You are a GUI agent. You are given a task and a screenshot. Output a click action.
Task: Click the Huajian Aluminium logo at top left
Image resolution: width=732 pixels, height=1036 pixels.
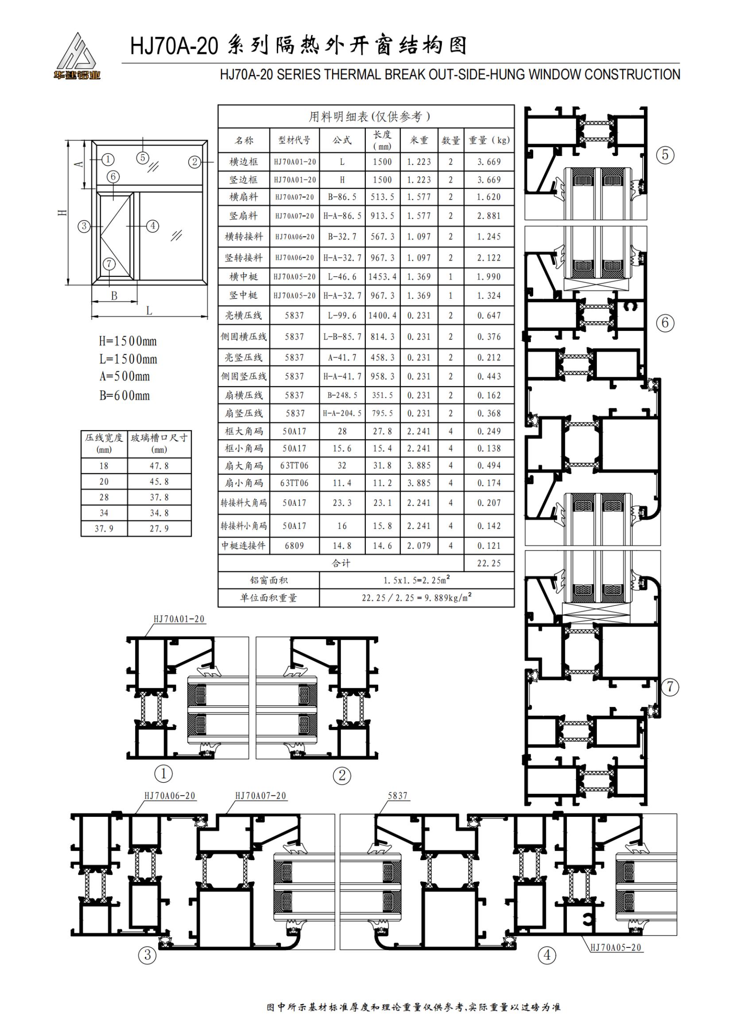(76, 56)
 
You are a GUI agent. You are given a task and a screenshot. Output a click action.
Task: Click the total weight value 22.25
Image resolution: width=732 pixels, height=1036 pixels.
(489, 563)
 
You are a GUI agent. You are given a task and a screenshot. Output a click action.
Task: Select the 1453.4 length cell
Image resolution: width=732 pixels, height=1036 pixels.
(383, 276)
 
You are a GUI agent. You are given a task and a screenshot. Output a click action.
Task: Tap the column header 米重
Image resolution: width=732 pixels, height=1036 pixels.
(419, 140)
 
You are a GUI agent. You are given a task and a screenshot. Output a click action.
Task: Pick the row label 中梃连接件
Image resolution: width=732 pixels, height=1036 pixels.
(244, 546)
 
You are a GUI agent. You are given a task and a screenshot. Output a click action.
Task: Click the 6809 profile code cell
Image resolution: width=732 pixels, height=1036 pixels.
(294, 546)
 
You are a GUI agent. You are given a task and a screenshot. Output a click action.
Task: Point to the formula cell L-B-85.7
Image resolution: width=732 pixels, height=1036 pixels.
(342, 337)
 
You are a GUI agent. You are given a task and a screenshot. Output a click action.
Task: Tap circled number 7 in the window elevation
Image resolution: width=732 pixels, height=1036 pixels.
(109, 264)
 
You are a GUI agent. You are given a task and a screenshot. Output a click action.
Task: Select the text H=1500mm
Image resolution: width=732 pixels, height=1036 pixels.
(128, 341)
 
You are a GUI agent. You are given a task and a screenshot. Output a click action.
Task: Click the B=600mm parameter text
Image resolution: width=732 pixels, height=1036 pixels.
(124, 396)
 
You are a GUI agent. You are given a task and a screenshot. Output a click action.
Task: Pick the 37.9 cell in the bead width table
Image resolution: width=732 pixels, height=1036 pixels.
(104, 528)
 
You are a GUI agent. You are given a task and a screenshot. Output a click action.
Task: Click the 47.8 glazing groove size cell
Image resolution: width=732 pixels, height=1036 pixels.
(159, 466)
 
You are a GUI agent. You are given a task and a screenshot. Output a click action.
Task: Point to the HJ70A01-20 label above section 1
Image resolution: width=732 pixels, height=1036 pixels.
(179, 619)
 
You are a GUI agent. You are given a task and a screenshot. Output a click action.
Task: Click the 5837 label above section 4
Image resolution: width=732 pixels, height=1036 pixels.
(398, 795)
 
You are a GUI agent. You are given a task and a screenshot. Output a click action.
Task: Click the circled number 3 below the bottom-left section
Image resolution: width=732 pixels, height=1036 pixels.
(147, 955)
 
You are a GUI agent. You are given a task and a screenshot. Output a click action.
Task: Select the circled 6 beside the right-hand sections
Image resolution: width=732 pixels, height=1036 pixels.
(665, 323)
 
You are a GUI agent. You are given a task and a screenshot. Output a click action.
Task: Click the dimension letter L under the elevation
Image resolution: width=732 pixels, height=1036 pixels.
(149, 310)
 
